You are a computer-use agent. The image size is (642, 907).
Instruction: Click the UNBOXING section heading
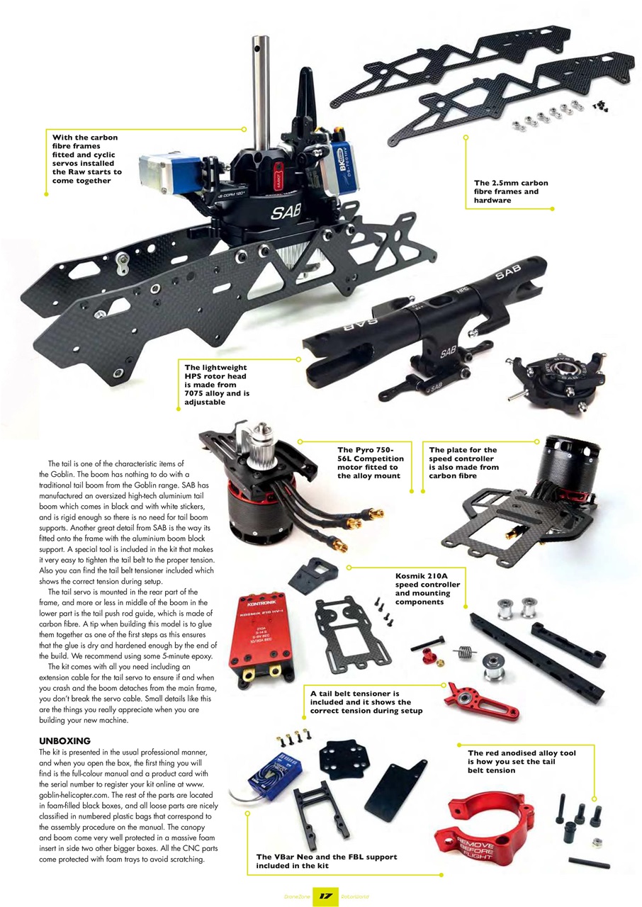coord(64,740)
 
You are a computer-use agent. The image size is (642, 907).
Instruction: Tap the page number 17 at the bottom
coord(325,896)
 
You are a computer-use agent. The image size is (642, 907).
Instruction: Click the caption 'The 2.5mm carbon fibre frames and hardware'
coord(510,192)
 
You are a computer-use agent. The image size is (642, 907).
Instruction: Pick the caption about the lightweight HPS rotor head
coord(215,385)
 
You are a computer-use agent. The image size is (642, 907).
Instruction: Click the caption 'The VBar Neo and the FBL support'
coord(327,861)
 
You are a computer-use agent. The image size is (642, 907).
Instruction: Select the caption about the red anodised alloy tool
coord(521,761)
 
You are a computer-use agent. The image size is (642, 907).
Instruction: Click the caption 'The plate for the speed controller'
coord(463,462)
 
